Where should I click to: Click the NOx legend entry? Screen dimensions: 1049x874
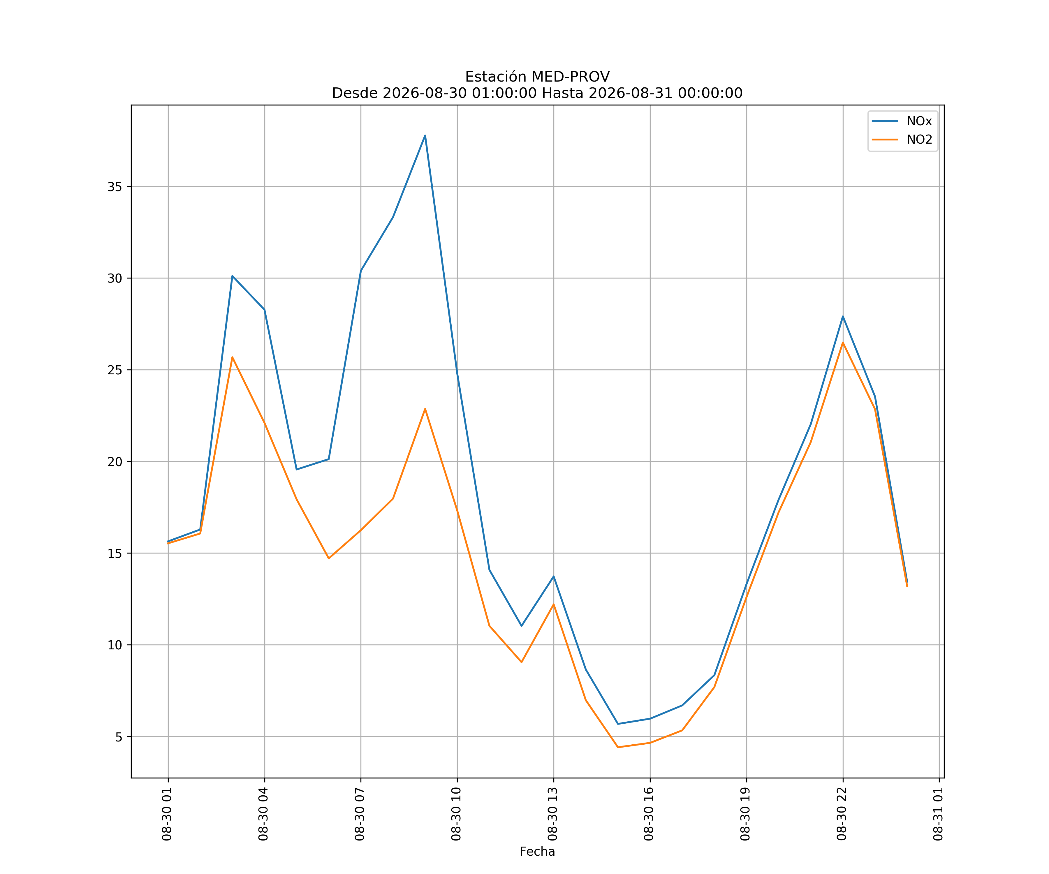coord(902,121)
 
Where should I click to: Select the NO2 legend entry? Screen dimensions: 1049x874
coord(902,140)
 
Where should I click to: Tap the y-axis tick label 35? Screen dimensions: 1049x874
coord(115,187)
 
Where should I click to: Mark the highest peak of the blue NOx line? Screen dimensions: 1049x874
coord(425,135)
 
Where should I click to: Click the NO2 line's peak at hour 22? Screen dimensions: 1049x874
coord(843,343)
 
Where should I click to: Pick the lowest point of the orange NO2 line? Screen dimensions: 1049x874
coord(618,747)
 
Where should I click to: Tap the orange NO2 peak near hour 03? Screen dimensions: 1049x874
coord(232,357)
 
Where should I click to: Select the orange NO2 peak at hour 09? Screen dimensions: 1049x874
coord(425,409)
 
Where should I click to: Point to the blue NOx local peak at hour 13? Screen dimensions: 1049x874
coord(553,576)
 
